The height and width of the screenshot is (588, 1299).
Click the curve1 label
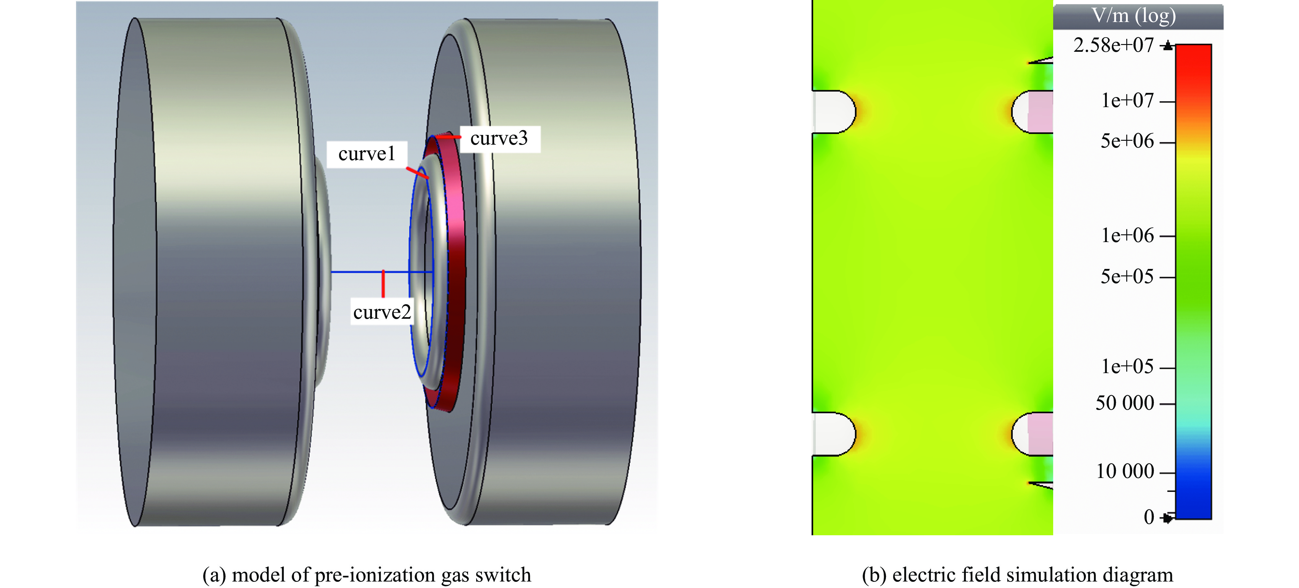point(366,154)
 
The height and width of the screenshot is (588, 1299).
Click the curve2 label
point(382,312)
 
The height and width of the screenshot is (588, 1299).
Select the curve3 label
point(499,138)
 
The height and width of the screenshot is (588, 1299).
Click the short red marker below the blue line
point(383,284)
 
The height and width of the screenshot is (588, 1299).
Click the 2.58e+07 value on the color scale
point(1113,45)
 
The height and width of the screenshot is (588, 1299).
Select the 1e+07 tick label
point(1127,100)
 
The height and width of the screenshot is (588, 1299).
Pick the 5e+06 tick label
point(1127,141)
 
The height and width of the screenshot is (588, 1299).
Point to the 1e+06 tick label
point(1127,235)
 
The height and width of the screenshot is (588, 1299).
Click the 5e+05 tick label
point(1127,277)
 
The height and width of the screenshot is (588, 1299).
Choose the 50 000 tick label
point(1125,403)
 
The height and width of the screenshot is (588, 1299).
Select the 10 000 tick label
point(1125,472)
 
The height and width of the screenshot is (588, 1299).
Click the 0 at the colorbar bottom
point(1149,517)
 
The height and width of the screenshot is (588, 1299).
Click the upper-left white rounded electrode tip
point(833,112)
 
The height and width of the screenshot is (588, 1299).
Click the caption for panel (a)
point(366,575)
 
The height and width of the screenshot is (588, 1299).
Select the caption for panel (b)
point(1017,575)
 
